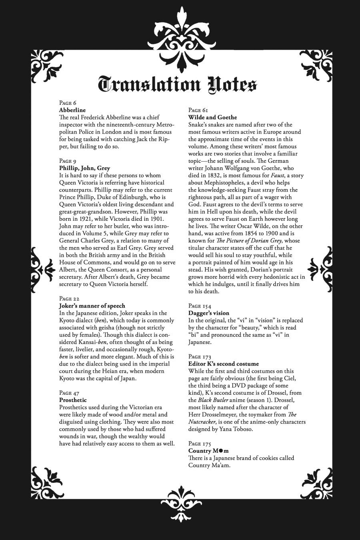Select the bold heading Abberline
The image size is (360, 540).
coord(72,110)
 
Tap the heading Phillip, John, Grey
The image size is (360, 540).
coord(84,168)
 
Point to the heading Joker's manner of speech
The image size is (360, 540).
coord(92,306)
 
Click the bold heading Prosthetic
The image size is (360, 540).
coord(73,400)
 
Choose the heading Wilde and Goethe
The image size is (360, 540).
coord(212,117)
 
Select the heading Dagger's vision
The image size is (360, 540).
coord(209,313)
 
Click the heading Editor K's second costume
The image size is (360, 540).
coord(224,364)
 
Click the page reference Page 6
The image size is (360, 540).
coord(68,103)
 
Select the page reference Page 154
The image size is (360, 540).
coord(200,306)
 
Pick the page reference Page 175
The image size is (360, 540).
coord(200,444)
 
